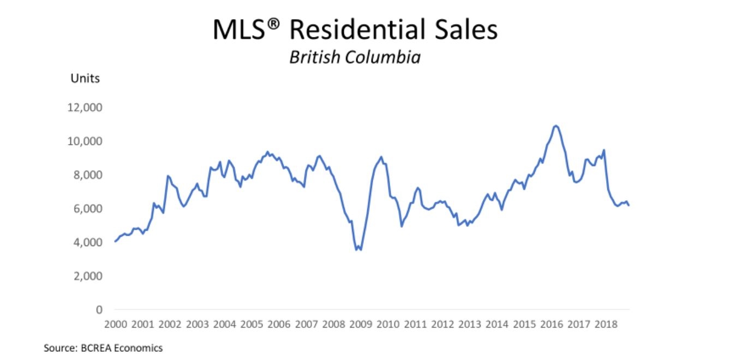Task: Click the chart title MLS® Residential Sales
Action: coord(355,31)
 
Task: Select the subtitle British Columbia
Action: coord(355,57)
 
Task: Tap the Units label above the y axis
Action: coord(85,79)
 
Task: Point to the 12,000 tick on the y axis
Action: coord(85,107)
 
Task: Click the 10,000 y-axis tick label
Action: coord(85,141)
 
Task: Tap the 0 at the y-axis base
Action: coord(99,310)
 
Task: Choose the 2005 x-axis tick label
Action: coord(252,324)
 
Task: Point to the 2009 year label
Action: coord(361,324)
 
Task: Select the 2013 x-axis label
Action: coord(470,324)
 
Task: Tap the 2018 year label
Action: coord(606,324)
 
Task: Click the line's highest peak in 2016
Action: coord(555,126)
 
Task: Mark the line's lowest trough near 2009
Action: coord(357,250)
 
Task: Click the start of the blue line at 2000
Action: coord(115,241)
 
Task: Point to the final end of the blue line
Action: coord(629,205)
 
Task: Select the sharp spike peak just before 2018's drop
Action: coord(604,150)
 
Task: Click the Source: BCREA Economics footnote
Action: coord(103,347)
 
